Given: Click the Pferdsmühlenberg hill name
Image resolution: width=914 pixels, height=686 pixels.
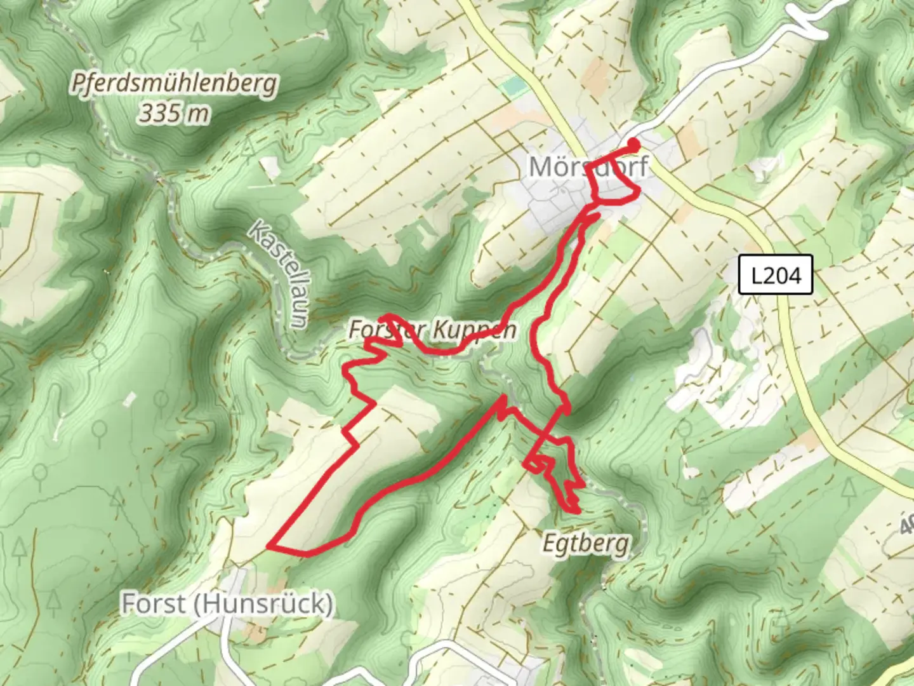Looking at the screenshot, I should [174, 84].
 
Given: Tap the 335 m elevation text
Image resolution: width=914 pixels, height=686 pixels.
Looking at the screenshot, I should [174, 114].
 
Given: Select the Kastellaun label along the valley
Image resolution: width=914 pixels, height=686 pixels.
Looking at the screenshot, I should [279, 274].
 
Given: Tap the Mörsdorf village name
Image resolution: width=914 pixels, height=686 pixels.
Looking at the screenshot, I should [588, 167].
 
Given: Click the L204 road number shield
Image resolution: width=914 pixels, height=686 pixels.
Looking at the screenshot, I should [776, 275].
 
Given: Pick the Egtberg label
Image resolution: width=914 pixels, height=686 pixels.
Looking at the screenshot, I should [586, 544].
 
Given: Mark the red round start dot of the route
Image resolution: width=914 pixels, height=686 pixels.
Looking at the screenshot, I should [633, 144].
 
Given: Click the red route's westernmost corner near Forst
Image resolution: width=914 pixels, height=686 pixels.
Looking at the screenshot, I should [270, 546].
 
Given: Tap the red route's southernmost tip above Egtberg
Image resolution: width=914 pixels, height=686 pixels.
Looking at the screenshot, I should [576, 511].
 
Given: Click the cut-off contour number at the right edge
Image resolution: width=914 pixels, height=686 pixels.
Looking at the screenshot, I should [907, 525].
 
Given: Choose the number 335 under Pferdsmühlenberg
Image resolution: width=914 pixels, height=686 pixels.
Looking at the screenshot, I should [159, 114].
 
